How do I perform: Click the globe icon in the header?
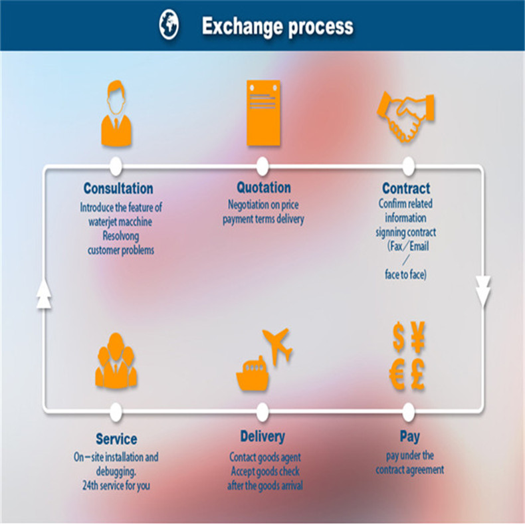tap(169, 25)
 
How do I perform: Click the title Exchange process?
tap(277, 27)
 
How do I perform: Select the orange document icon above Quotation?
tap(262, 113)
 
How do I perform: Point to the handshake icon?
tap(406, 111)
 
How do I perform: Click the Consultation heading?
tap(118, 188)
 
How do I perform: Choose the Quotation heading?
tap(263, 187)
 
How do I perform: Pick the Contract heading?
tap(406, 188)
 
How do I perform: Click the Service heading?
tap(116, 439)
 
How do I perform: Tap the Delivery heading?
tap(262, 437)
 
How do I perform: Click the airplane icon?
tap(278, 344)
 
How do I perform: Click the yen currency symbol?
tap(418, 338)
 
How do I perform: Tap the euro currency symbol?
tap(397, 376)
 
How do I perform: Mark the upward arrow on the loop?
tap(44, 293)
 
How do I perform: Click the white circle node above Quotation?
tap(262, 166)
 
